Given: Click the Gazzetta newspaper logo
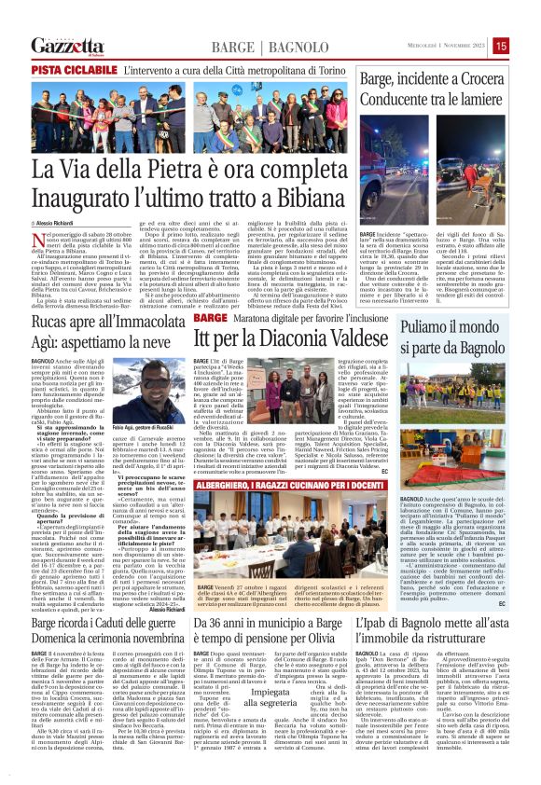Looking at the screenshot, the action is tap(65, 45).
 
